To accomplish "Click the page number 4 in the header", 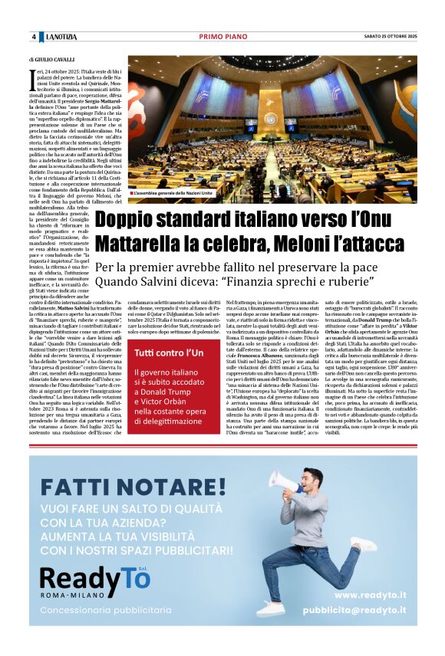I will point(34,37).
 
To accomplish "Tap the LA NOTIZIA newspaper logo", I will point(62,37).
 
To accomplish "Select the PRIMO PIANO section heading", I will point(222,37).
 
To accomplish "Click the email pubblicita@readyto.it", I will point(354,611).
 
